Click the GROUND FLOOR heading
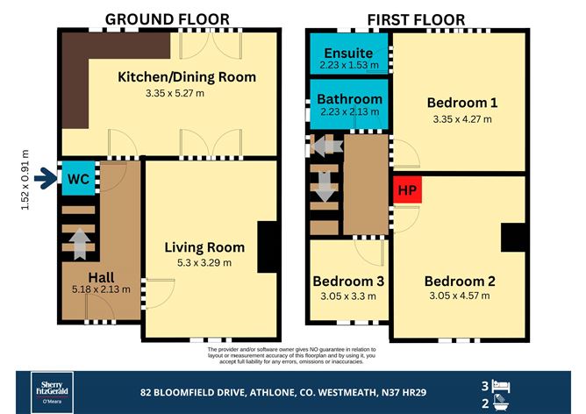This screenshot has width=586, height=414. pyautogui.click(x=167, y=19)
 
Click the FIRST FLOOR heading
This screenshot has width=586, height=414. pyautogui.click(x=416, y=20)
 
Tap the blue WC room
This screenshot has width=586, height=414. pyautogui.click(x=78, y=178)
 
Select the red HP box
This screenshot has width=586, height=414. pyautogui.click(x=407, y=189)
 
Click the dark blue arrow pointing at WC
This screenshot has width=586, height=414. pyautogui.click(x=46, y=178)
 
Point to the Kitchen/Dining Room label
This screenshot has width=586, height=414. pyautogui.click(x=187, y=77)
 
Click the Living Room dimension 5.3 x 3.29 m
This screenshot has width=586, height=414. pyautogui.click(x=204, y=262)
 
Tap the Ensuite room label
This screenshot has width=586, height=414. pyautogui.click(x=348, y=53)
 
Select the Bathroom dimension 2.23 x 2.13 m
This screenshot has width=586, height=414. pyautogui.click(x=349, y=111)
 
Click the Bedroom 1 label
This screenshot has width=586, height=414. pyautogui.click(x=462, y=103)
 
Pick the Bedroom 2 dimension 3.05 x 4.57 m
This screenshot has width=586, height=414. pyautogui.click(x=460, y=296)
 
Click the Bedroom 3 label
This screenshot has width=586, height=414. pyautogui.click(x=348, y=281)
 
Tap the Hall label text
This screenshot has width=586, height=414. pyautogui.click(x=101, y=278)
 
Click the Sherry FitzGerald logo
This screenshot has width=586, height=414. pyautogui.click(x=52, y=392)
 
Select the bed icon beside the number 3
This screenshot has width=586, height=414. pyautogui.click(x=501, y=386)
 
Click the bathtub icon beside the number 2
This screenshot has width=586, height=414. pyautogui.click(x=501, y=403)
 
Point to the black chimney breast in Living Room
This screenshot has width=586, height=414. pyautogui.click(x=267, y=246)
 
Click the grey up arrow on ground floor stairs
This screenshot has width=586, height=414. pyautogui.click(x=80, y=244)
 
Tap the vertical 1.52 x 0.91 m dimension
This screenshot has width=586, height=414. pyautogui.click(x=25, y=180)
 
